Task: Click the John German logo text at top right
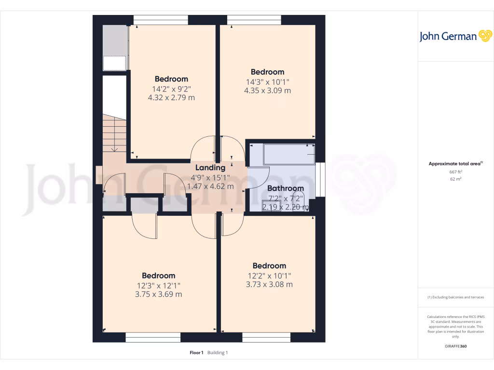pyautogui.click(x=448, y=37)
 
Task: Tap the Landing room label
pyautogui.click(x=210, y=168)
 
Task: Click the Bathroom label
pyautogui.click(x=286, y=188)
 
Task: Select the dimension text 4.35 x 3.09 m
pyautogui.click(x=267, y=91)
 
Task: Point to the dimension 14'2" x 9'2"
pyautogui.click(x=171, y=89)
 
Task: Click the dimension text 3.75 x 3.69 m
pyautogui.click(x=158, y=294)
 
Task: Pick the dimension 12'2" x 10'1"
pyautogui.click(x=269, y=275)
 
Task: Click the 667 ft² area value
pyautogui.click(x=456, y=172)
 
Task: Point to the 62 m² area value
pyautogui.click(x=456, y=179)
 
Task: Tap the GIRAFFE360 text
pyautogui.click(x=456, y=346)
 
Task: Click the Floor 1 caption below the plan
pyautogui.click(x=197, y=353)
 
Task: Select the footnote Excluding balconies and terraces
pyautogui.click(x=456, y=297)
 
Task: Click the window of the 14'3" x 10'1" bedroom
pyautogui.click(x=254, y=19)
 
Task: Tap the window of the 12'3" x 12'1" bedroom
pyautogui.click(x=153, y=338)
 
